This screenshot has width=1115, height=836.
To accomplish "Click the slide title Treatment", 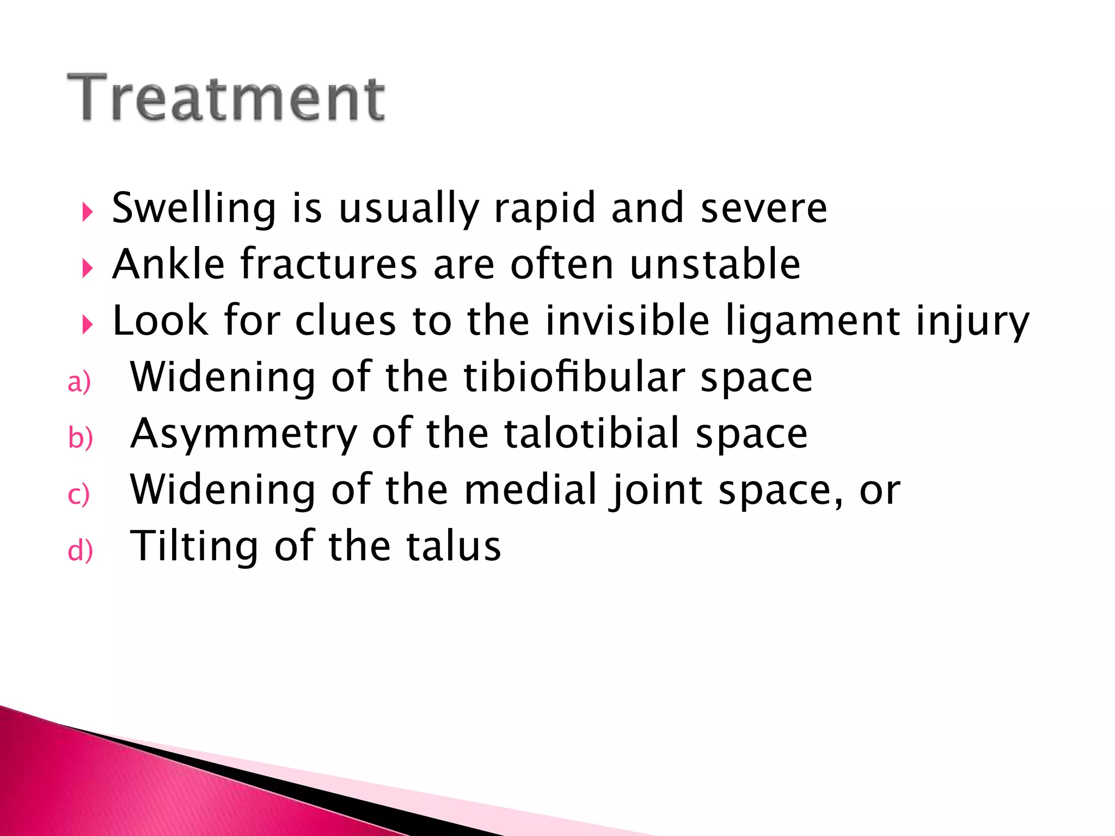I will [226, 98].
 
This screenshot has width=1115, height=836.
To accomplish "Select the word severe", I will [763, 208].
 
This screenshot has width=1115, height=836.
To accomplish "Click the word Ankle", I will [168, 265].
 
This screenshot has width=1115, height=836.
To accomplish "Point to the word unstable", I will [715, 265].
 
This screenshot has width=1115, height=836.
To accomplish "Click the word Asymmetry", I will [244, 434].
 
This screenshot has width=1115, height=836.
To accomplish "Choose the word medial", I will [530, 489].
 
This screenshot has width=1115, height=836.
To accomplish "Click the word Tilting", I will [194, 546].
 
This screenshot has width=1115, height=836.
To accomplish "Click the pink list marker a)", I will [79, 382].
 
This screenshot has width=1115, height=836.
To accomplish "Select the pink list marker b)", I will [80, 438].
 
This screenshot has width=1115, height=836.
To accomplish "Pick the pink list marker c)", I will [78, 495].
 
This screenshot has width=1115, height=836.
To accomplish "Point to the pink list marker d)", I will [80, 550].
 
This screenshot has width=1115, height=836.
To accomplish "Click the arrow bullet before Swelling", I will [87, 212].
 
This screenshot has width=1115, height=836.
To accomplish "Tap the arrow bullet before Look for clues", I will [87, 324].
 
